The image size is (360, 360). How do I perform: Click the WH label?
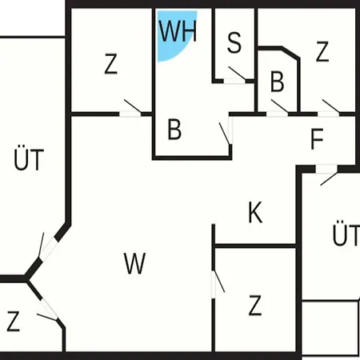coord(178,30)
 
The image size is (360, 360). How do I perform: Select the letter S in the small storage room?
coord(234,42)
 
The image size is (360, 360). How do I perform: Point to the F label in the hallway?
coord(317,138)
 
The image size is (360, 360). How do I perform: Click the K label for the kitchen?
coord(255,212)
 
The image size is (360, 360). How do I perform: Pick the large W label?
coord(134,263)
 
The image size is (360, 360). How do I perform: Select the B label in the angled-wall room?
coord(277,82)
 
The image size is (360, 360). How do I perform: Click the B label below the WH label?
coord(174,130)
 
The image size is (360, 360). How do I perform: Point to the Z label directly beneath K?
coord(255,306)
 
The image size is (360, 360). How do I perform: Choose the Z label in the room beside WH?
coord(110,63)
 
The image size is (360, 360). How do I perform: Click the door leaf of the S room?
coord(237,73)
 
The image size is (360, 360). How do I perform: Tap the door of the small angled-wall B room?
coord(279,106)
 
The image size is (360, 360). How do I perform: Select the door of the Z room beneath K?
coord(219,282)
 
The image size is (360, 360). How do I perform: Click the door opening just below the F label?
coord(326,170)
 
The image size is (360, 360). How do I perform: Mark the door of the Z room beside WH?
coord(133,106)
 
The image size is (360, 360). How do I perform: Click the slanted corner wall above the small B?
coord(290,53)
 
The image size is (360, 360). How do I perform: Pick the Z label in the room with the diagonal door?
coord(13,321)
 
